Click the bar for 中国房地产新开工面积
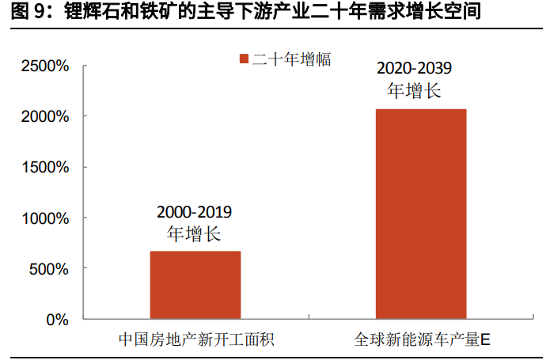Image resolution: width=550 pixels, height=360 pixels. click(195, 285)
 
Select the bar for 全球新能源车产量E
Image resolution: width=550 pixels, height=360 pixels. click(421, 214)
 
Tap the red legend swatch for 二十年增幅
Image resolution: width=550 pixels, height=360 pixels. click(244, 59)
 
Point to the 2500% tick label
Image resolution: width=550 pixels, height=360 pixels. click(45, 66)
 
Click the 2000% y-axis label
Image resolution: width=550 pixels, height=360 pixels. click(45, 116)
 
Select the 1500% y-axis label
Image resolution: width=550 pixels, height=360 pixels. click(45, 167)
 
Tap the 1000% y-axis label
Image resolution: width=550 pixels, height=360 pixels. click(45, 218)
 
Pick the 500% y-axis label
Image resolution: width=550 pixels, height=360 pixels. click(49, 268)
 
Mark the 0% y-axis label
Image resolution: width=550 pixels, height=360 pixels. click(58, 319)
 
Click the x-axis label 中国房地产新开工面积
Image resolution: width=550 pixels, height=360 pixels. click(195, 340)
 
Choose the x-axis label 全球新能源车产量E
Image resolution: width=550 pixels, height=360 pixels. click(422, 340)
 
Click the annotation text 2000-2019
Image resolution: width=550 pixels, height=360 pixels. click(195, 212)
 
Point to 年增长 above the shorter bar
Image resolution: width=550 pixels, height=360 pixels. click(195, 233)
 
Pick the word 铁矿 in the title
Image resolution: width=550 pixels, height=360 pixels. click(141, 13)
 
